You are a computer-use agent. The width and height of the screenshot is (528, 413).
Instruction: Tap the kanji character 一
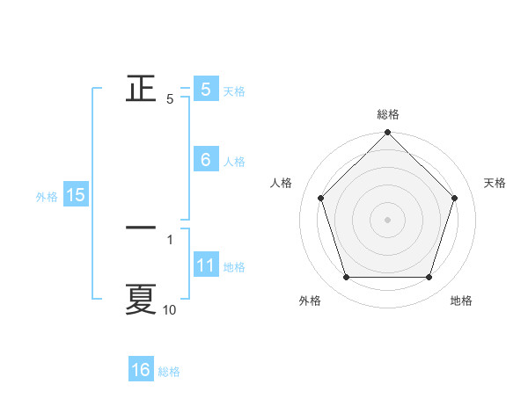(141, 227)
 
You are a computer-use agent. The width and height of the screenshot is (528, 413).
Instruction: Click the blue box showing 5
(205, 89)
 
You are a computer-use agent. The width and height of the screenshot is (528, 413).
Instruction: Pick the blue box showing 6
(205, 160)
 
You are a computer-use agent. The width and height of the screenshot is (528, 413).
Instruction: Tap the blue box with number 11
(205, 265)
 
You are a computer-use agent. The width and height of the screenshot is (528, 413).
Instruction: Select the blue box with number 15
(76, 195)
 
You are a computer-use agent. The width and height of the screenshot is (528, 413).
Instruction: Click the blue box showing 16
(141, 370)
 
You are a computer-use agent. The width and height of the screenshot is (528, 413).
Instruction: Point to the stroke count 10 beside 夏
(169, 310)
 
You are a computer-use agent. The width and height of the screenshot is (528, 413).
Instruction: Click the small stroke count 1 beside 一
(169, 238)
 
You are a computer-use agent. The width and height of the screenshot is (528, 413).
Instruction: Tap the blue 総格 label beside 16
(169, 372)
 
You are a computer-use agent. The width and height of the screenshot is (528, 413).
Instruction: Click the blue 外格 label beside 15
(47, 197)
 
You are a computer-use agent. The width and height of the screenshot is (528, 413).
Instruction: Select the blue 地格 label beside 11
(234, 267)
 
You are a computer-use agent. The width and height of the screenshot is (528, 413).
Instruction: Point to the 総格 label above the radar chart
(387, 114)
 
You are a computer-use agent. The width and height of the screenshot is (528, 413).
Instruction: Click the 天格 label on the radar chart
(495, 183)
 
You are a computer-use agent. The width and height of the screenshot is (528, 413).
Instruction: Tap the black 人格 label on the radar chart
(281, 183)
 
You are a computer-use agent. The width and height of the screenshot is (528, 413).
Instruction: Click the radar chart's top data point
(387, 134)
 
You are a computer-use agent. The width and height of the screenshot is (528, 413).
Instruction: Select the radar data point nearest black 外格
(346, 278)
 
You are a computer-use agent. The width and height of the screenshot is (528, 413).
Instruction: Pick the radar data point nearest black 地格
(429, 278)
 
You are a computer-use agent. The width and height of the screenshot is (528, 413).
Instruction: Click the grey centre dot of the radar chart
(387, 219)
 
